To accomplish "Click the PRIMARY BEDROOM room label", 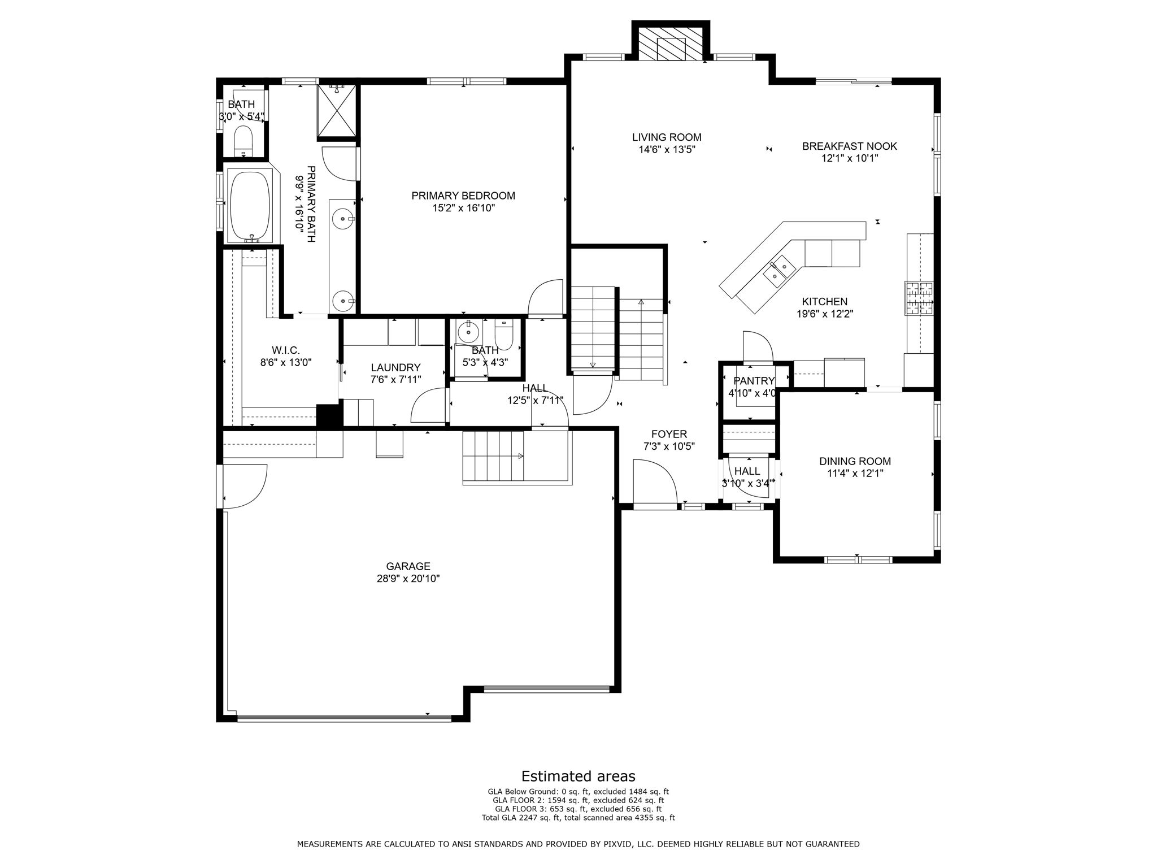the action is click(x=463, y=196).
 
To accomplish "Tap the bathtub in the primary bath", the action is click(x=251, y=206).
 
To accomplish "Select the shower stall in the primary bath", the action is click(x=337, y=111).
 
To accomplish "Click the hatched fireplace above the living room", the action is click(x=670, y=42).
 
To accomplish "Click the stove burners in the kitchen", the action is click(x=920, y=298).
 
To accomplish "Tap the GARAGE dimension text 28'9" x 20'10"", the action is click(x=408, y=579).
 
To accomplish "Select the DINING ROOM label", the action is click(x=855, y=462).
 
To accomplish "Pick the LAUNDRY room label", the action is click(x=395, y=368).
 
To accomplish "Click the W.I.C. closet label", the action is click(x=285, y=350).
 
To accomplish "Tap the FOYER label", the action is click(x=669, y=434).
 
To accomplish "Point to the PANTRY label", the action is click(x=754, y=381).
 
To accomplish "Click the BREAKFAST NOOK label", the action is click(x=850, y=146).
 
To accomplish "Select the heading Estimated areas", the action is click(x=578, y=776).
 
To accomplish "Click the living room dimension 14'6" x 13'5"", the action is click(x=667, y=150).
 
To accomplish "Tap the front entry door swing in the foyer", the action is click(x=655, y=481).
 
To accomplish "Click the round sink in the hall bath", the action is click(x=468, y=333).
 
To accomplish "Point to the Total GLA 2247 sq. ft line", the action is click(x=578, y=818).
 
